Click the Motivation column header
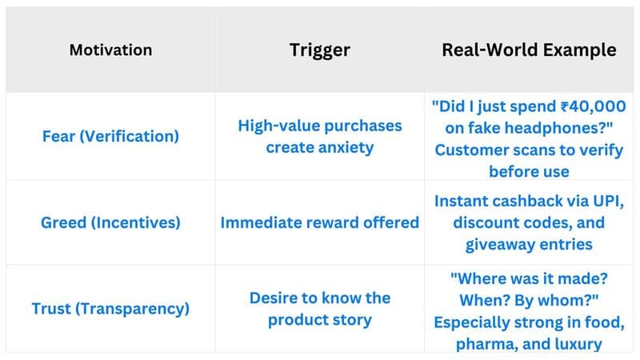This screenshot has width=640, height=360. tap(110, 50)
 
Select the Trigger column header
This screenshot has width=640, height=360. tap(319, 50)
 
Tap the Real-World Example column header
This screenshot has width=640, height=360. tap(529, 50)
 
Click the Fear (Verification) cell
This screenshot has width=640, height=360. tap(110, 136)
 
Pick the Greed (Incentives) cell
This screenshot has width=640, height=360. tap(110, 222)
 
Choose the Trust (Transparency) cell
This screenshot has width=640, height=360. tap(110, 309)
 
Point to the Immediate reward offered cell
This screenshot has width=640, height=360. tap(319, 222)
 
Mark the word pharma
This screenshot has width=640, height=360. tap(487, 345)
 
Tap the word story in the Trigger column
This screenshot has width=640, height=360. tap(352, 320)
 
